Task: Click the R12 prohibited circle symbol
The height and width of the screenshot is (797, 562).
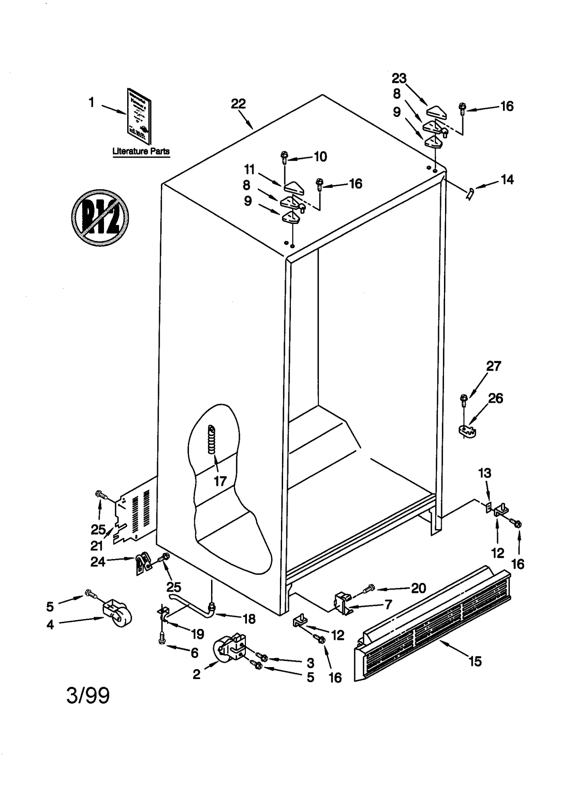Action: [100, 218]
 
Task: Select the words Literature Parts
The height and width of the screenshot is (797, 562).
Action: [141, 151]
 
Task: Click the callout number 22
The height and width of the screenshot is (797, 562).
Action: [238, 104]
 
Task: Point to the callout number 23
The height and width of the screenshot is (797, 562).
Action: [399, 78]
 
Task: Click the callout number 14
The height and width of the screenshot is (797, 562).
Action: [507, 180]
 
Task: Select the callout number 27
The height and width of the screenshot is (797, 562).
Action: [493, 366]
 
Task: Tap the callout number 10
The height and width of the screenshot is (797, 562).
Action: [320, 157]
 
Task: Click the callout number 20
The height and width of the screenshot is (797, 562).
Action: [418, 588]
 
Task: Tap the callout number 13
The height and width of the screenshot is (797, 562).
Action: [484, 473]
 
